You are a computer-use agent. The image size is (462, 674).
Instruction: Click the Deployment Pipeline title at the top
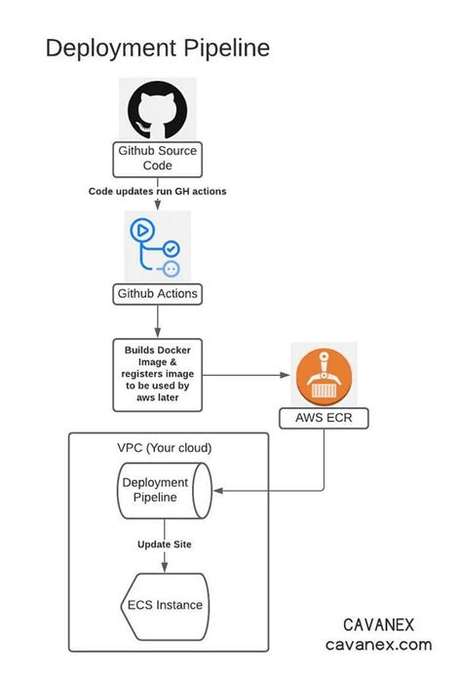click(x=158, y=48)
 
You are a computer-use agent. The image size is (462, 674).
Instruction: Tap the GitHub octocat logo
click(x=157, y=110)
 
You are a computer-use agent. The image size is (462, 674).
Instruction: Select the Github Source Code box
click(x=157, y=159)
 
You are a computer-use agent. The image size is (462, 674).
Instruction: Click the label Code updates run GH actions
click(x=157, y=191)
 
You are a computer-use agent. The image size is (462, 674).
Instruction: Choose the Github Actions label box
click(x=157, y=292)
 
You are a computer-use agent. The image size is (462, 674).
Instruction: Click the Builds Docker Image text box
click(x=157, y=373)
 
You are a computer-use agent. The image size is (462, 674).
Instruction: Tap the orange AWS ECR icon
click(x=324, y=374)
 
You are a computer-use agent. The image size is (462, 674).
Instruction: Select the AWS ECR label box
click(x=324, y=420)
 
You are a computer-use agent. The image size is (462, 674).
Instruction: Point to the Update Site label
click(x=163, y=542)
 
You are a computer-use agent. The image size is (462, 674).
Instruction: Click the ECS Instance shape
click(x=164, y=605)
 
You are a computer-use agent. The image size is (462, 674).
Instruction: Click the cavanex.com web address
click(x=379, y=644)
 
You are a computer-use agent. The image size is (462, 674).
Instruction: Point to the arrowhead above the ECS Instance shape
click(x=163, y=568)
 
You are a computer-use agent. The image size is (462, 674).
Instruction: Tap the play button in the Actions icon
click(x=141, y=232)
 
